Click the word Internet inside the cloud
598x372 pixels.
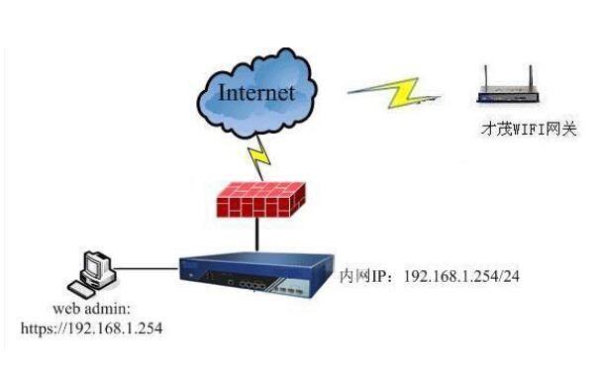[x=255, y=94]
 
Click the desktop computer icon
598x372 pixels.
[x=97, y=272]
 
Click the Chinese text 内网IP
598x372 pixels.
[x=361, y=274]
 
